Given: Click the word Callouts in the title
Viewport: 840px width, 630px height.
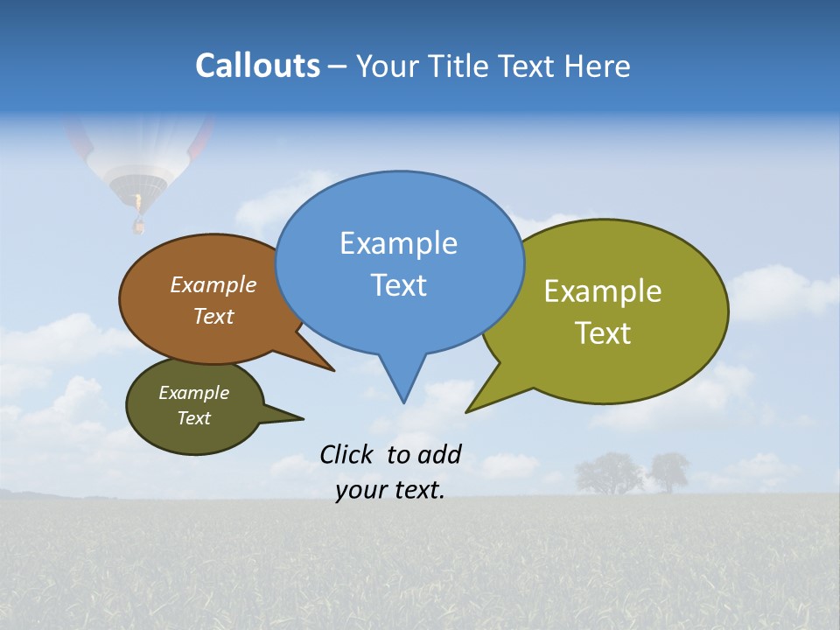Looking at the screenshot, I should click(257, 66).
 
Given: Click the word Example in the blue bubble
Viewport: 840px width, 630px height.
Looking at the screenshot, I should click(398, 243).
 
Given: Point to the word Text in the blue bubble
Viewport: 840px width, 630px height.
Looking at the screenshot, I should click(398, 285).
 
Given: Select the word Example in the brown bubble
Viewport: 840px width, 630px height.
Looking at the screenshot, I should click(213, 285).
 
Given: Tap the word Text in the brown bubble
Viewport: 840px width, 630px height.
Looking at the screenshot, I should click(213, 316).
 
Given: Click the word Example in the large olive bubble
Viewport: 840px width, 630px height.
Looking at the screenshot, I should click(603, 291).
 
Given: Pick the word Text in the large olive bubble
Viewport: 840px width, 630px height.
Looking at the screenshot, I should click(603, 333).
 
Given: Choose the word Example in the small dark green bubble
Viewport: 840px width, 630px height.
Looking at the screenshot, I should click(193, 393).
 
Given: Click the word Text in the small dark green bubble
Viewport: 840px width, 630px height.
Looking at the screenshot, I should click(193, 418).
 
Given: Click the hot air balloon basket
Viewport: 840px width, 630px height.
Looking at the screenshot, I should click(138, 227).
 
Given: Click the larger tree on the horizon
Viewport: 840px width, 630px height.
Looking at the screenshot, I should click(608, 473).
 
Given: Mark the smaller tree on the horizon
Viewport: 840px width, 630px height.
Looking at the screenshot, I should click(668, 472).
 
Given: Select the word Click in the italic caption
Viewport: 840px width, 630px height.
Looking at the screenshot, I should click(349, 454).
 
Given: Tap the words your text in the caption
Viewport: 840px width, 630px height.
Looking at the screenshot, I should click(390, 491).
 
